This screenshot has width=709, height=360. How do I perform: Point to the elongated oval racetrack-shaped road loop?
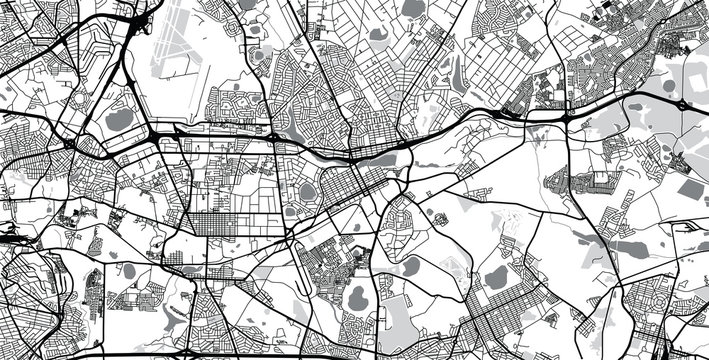pos(307,190)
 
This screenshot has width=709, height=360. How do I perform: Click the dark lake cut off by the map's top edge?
pos(413,8)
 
